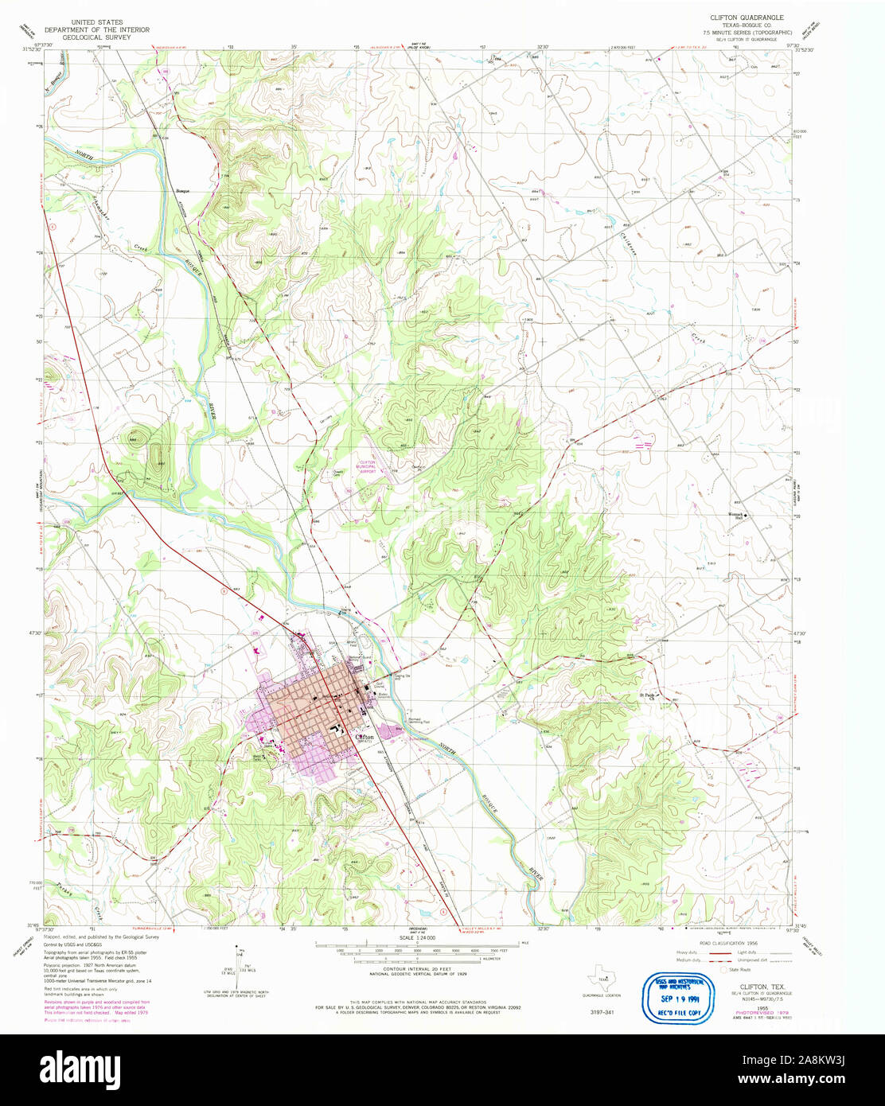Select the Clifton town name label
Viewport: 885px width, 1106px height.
tap(365, 738)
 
